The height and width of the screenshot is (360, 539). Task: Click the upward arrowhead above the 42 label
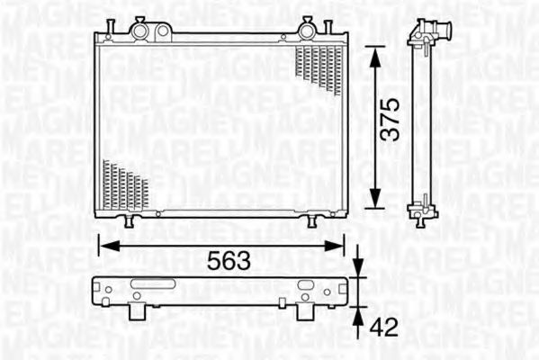pos(358,316)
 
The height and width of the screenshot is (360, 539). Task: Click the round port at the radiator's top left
pos(141,31)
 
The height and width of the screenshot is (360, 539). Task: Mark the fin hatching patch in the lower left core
pos(124,184)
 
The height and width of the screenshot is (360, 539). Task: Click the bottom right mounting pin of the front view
pos(312,220)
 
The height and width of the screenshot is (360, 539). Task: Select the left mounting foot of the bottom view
pos(138,310)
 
